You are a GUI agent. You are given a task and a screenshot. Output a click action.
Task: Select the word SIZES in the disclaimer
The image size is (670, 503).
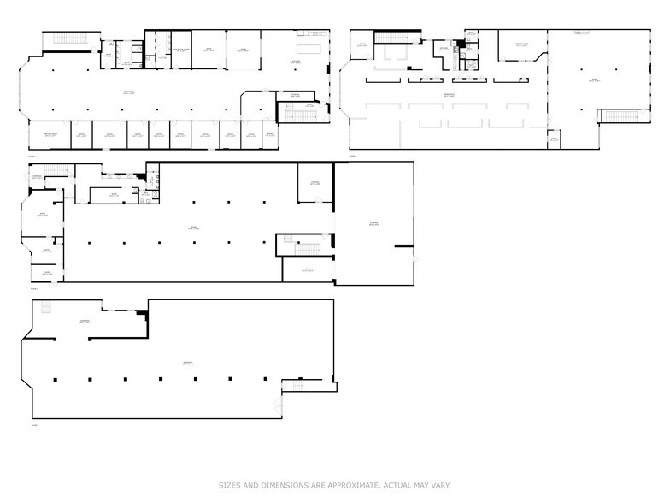(228, 485)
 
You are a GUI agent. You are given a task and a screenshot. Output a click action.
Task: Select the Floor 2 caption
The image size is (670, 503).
(34, 288)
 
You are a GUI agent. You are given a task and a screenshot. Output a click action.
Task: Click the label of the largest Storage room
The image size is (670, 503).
(373, 224)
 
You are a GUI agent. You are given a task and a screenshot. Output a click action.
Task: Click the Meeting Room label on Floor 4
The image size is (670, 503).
(521, 44)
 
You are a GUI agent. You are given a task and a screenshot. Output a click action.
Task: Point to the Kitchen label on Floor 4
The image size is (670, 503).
(444, 50)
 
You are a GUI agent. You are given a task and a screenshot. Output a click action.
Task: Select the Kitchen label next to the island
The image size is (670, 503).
(296, 62)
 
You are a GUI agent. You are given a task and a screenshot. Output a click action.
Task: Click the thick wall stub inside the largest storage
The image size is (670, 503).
(403, 248)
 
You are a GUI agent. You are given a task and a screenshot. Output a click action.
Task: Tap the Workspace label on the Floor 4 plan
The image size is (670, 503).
(448, 95)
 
